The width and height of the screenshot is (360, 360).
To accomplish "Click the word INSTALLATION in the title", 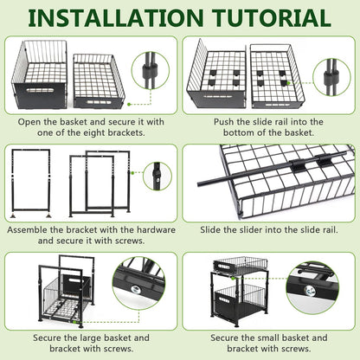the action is [116, 18].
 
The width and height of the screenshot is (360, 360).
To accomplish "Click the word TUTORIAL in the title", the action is [272, 18].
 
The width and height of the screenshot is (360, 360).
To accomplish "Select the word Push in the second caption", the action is [223, 122].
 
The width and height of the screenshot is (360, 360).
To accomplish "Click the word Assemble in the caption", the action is [28, 230].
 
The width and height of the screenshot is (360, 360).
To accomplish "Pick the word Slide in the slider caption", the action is [210, 230].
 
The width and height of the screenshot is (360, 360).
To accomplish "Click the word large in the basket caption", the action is [90, 337].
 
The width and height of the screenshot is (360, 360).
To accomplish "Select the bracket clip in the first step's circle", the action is [150, 71].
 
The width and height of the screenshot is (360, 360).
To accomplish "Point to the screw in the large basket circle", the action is [135, 289].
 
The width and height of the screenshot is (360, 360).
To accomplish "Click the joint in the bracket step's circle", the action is [157, 176].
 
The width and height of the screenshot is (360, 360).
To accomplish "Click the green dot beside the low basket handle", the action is [129, 104].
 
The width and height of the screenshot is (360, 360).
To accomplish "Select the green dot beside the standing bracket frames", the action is [132, 173].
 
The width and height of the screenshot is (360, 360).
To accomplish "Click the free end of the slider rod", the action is [199, 183].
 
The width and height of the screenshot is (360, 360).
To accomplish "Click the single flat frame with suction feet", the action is [31, 183].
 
